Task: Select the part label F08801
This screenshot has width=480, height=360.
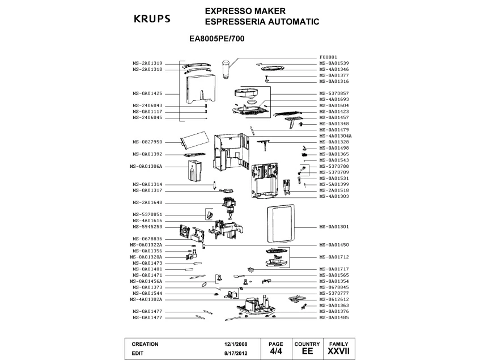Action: tap(329, 57)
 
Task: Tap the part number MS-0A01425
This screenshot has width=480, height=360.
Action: tap(147, 93)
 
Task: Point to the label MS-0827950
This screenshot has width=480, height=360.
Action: tap(147, 142)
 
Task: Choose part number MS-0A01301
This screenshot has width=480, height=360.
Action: tap(334, 227)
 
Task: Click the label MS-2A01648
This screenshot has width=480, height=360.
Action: tap(147, 202)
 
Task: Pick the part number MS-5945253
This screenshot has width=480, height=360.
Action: tap(147, 226)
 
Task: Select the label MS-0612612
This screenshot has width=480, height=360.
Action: tap(334, 299)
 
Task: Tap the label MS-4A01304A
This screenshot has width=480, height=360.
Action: tap(335, 136)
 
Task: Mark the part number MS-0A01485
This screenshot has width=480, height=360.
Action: tap(334, 317)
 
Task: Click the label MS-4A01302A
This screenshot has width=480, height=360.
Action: tap(146, 299)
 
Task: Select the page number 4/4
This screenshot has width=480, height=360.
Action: tap(275, 351)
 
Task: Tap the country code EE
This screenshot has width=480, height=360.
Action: tap(307, 351)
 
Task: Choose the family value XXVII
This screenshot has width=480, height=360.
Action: tap(339, 351)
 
